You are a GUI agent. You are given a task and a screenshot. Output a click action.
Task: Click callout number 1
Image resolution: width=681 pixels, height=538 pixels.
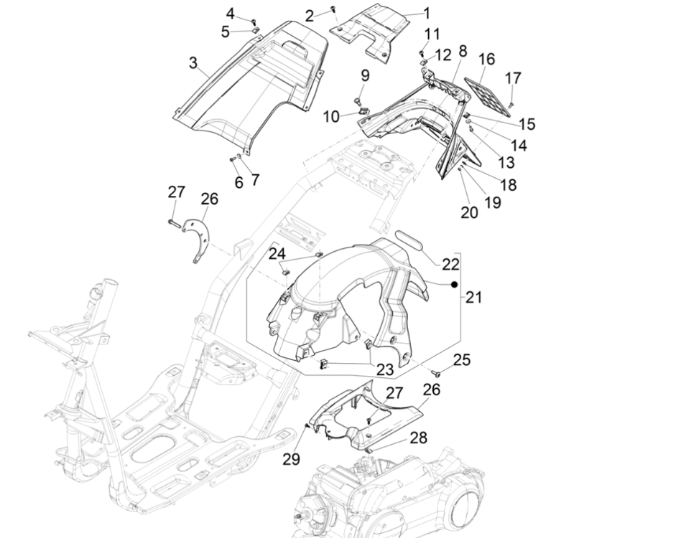click(426, 13)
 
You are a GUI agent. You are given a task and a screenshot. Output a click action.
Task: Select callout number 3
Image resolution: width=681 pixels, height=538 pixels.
click(193, 63)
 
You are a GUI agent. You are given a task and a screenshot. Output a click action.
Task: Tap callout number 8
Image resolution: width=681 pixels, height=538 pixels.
click(462, 51)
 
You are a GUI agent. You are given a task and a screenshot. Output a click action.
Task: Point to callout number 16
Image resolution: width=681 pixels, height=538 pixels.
click(486, 59)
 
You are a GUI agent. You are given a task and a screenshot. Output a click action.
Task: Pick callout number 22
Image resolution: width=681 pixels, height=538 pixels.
click(450, 264)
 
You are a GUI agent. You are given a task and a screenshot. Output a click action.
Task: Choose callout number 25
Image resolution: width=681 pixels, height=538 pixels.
click(462, 359)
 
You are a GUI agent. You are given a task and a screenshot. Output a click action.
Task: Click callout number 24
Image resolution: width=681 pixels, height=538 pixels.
click(277, 254)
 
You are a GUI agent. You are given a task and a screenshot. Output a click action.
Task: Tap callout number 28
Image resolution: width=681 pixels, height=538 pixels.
click(419, 438)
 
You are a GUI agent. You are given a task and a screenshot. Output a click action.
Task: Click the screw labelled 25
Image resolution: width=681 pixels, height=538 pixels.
click(435, 374)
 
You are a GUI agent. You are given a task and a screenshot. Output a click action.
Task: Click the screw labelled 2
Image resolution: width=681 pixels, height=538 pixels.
click(332, 8)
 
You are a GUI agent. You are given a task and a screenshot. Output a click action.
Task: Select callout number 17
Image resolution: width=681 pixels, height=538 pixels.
click(512, 78)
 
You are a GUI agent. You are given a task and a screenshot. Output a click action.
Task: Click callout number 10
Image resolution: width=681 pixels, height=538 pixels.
click(331, 116)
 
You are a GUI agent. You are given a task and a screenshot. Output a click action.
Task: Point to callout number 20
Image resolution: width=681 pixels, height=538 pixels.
click(469, 212)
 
